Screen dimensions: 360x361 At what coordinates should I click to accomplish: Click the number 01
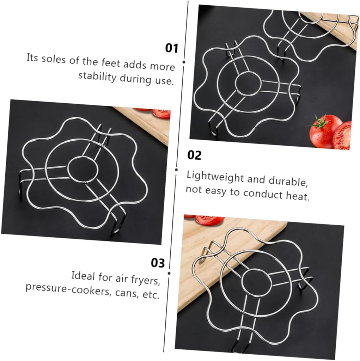pyautogui.click(x=172, y=48)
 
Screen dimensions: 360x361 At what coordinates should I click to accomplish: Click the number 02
pyautogui.click(x=194, y=155)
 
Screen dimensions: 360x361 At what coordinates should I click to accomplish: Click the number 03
pyautogui.click(x=158, y=263)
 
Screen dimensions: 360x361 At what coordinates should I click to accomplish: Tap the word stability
pyautogui.click(x=97, y=77)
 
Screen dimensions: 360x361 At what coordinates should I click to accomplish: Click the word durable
pyautogui.click(x=288, y=181)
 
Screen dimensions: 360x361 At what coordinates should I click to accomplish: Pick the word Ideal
pyautogui.click(x=83, y=275)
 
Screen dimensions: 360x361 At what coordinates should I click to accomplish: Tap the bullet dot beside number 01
pyautogui.click(x=184, y=62)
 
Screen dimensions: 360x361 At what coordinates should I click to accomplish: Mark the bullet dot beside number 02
pyautogui.click(x=176, y=170)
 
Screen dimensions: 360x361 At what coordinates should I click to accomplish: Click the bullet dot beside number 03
pyautogui.click(x=169, y=273)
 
